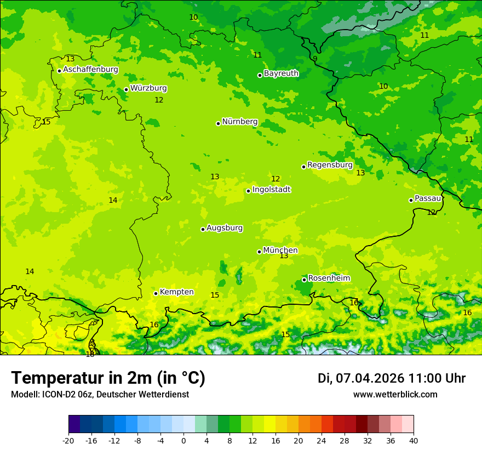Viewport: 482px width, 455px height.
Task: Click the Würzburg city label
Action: point(148,88)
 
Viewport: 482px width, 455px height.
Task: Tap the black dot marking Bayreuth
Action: point(260,75)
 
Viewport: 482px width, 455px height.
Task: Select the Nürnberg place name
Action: point(239,122)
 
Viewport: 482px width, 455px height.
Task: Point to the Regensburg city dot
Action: point(303,167)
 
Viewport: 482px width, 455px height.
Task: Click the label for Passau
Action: point(428,198)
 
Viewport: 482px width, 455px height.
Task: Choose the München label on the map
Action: point(280,251)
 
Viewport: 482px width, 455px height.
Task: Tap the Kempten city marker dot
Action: point(156,293)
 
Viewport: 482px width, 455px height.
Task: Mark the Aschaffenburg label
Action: point(90,70)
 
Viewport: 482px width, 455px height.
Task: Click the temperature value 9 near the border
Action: point(315,59)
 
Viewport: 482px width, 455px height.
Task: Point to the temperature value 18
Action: point(90,354)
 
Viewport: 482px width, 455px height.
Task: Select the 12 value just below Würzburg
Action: point(159,100)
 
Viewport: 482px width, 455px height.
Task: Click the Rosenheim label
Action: point(329,278)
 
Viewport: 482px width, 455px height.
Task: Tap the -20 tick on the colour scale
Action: point(68,440)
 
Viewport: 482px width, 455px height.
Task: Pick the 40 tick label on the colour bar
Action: point(414,440)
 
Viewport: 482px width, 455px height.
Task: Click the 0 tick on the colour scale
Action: point(183,440)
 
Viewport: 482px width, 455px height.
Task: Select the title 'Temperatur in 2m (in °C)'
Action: point(108,378)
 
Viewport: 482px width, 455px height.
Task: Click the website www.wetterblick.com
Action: point(395,395)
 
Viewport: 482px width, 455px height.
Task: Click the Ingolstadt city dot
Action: point(248,191)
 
